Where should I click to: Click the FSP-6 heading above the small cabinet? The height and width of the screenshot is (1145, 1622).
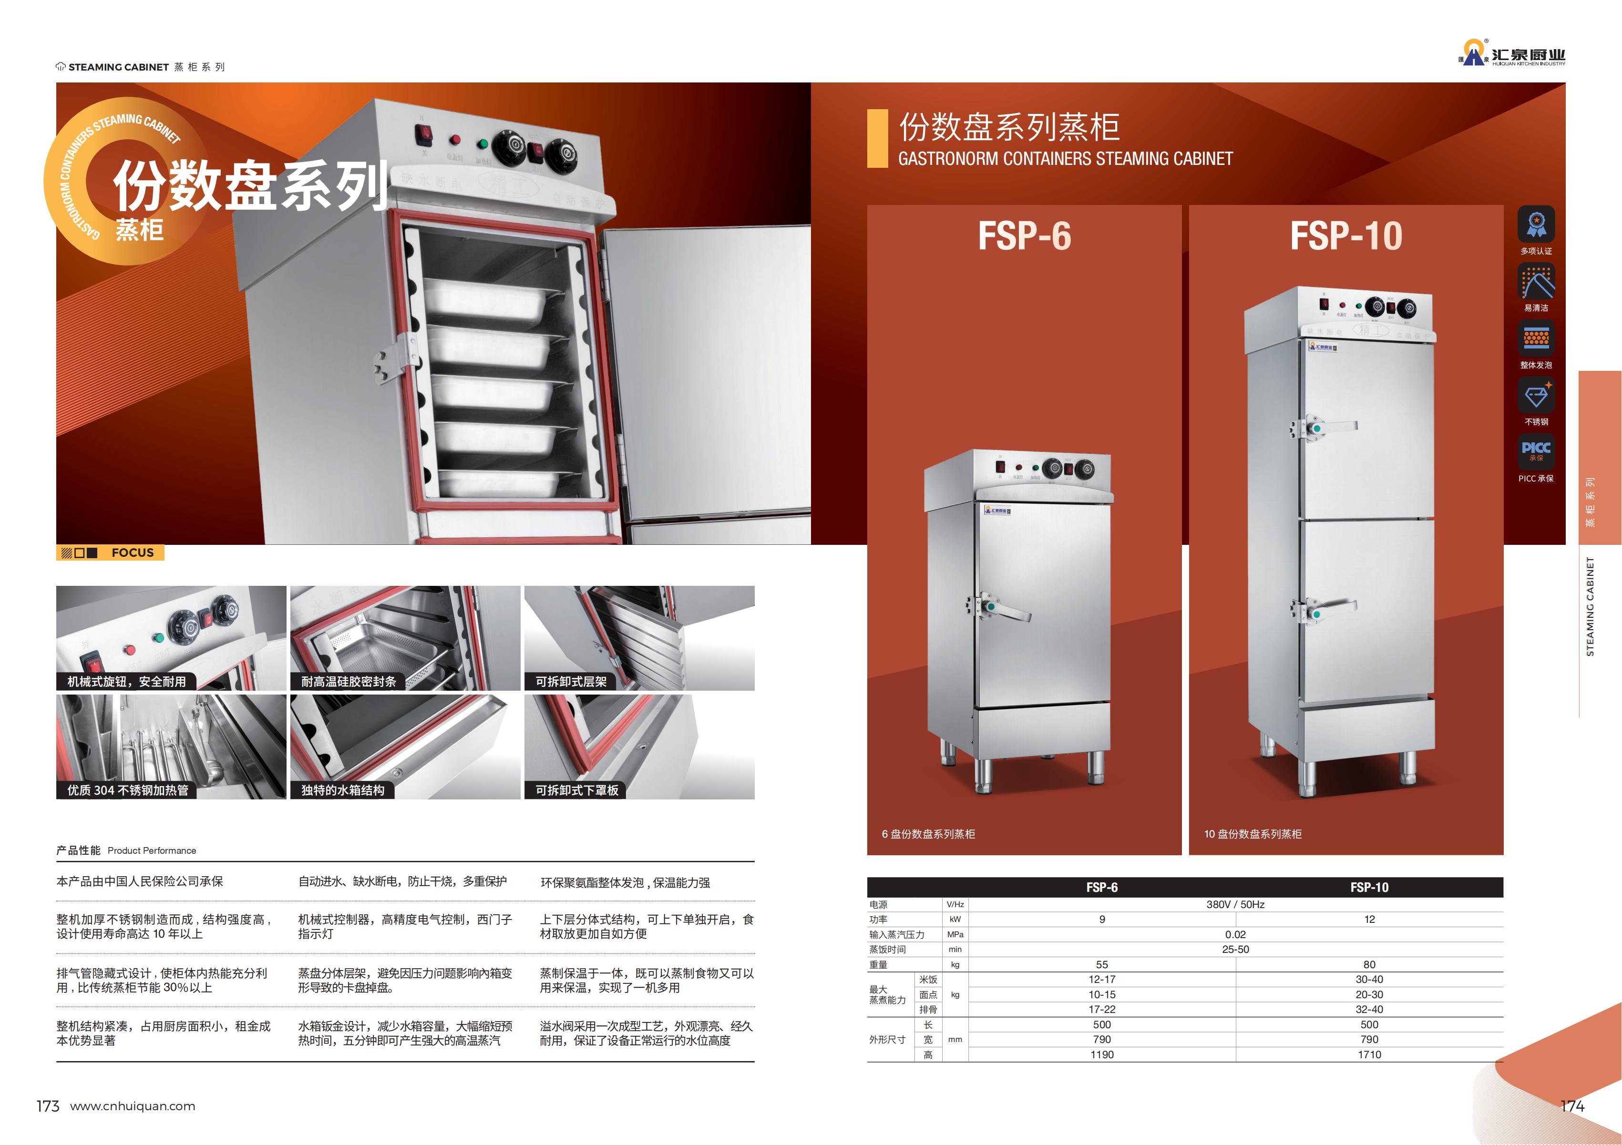click(x=1024, y=236)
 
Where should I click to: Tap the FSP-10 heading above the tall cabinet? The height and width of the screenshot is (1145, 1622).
click(x=1346, y=236)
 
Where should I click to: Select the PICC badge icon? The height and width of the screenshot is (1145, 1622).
click(x=1536, y=450)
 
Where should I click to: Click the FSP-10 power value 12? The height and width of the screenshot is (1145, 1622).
click(x=1369, y=919)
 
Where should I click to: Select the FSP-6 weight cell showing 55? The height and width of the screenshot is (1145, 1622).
click(x=1101, y=964)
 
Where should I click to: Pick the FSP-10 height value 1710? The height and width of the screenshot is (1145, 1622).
click(x=1369, y=1054)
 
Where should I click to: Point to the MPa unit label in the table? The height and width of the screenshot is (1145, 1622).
click(x=955, y=934)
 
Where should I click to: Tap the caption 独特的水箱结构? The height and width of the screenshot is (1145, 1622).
click(x=343, y=790)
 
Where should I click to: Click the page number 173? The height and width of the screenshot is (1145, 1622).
click(x=48, y=1106)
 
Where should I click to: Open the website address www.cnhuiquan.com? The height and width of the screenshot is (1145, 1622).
click(x=133, y=1106)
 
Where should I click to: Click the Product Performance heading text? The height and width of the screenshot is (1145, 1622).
click(x=152, y=850)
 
